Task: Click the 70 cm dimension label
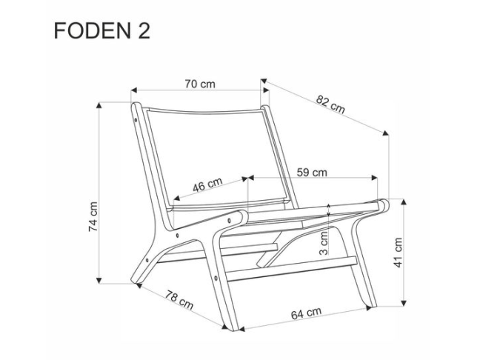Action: coord(199,84)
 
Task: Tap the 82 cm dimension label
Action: coord(330,104)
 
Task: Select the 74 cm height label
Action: coord(93,216)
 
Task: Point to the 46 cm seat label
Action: coord(207,184)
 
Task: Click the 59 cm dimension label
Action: coord(312,173)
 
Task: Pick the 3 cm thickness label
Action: coord(324,241)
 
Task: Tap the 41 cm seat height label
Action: coord(398,252)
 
